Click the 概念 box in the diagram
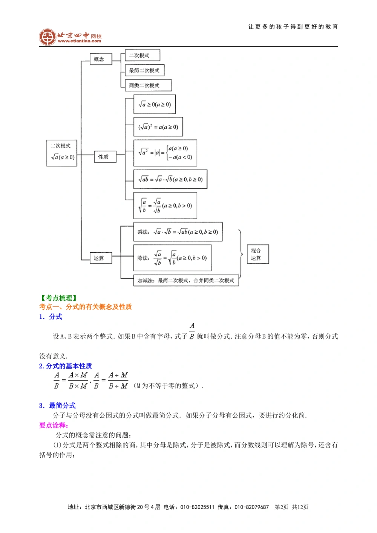tap(101, 59)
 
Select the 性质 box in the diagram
tap(105, 157)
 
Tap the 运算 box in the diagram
tap(101, 258)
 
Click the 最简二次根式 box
tap(144, 70)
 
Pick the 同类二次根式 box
tap(148, 86)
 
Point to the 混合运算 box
tap(258, 254)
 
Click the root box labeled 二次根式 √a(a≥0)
tap(62, 153)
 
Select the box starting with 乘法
tap(178, 232)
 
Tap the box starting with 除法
tap(172, 258)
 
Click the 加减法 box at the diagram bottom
tap(186, 281)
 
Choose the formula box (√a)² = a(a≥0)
tap(158, 127)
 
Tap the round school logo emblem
tap(48, 37)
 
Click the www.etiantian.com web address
tap(80, 41)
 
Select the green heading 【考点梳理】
tap(59, 298)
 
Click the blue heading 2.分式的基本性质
tap(66, 366)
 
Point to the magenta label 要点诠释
tap(54, 425)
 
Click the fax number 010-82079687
tap(252, 507)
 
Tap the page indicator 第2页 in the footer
tap(282, 507)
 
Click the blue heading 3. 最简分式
tap(57, 406)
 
